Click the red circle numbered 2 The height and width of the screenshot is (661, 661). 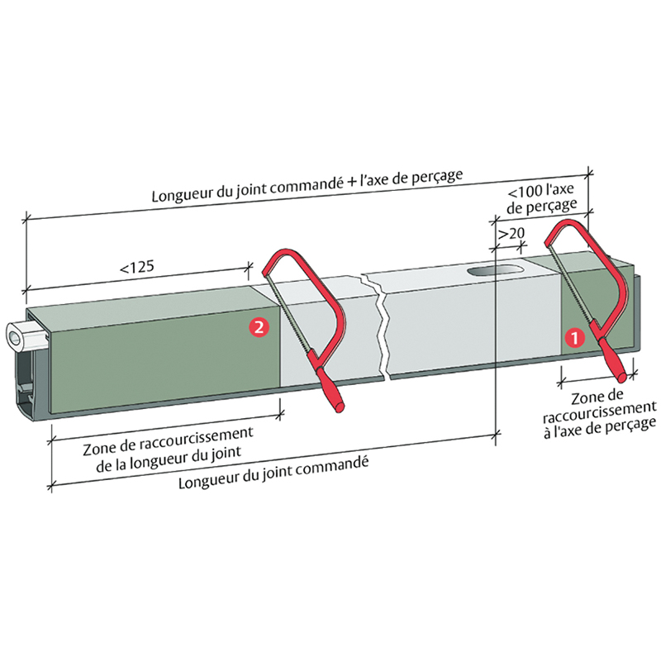pos(259,326)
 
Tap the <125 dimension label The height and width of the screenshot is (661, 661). pos(137,267)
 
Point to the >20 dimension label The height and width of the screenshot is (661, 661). pos(511,234)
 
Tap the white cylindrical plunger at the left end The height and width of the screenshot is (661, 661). pos(26,337)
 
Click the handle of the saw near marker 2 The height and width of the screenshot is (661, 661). pos(330,390)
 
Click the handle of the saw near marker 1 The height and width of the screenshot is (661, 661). pos(612,360)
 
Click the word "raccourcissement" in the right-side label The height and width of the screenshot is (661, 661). pos(600,413)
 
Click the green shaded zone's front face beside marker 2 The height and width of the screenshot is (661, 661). pos(165,360)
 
